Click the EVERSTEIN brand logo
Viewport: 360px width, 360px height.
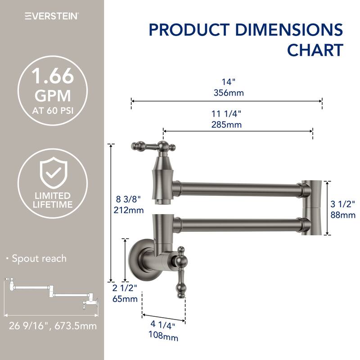point(52,17)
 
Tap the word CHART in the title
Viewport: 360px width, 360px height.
point(315,49)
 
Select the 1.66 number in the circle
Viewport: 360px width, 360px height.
point(53,77)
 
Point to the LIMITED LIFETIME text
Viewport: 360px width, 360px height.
point(53,200)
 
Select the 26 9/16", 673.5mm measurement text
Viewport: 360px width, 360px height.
point(52,325)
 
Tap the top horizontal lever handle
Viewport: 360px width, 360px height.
point(152,146)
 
